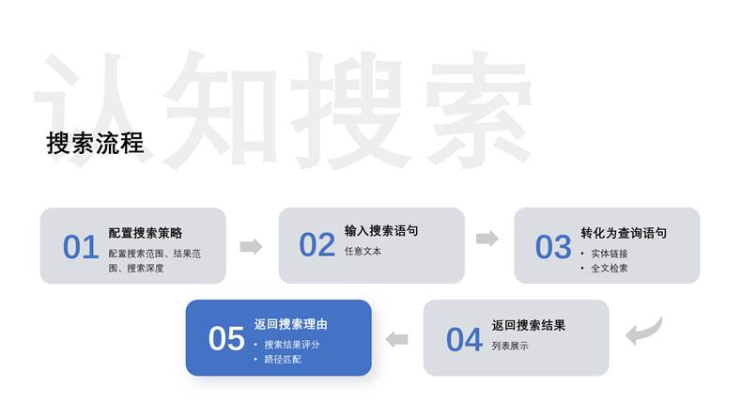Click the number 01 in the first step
(x=81, y=247)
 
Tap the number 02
(x=317, y=245)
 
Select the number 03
(x=553, y=247)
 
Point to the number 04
(x=464, y=340)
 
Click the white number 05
(x=226, y=338)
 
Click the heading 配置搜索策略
(x=145, y=233)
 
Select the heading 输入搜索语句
(x=381, y=231)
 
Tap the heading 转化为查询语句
(x=624, y=233)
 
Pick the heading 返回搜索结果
(x=529, y=325)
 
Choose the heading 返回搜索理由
(x=290, y=324)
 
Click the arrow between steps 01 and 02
(x=251, y=246)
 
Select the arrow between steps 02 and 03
(x=487, y=239)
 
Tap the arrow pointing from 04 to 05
(x=397, y=339)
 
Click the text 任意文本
(x=363, y=252)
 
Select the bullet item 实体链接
(x=610, y=254)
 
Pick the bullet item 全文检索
(x=610, y=269)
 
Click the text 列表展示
(x=510, y=346)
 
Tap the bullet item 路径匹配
(x=283, y=360)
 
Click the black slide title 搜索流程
(x=95, y=144)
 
